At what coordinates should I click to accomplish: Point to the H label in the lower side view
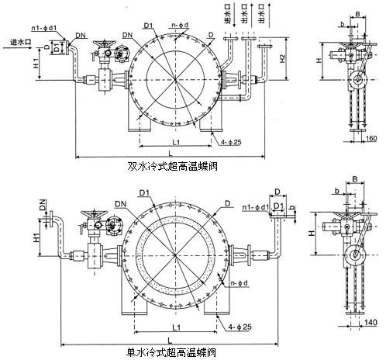pos(310,233)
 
